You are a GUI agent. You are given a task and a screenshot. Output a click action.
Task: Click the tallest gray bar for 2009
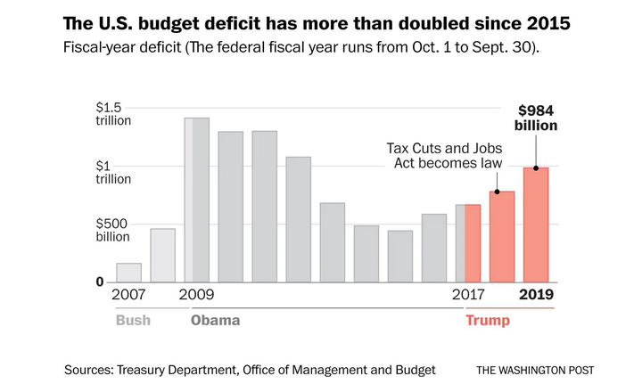click(x=197, y=200)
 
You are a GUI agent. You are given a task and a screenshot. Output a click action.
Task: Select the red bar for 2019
click(x=536, y=225)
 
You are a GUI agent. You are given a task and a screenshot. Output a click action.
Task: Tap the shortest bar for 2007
click(x=129, y=273)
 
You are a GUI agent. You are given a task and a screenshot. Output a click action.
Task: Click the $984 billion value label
click(x=536, y=118)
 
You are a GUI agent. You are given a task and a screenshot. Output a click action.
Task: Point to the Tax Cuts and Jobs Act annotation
click(x=444, y=156)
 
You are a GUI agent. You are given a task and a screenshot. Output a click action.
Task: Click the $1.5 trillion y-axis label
click(x=114, y=113)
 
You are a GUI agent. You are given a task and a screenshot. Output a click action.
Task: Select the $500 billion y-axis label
click(x=114, y=230)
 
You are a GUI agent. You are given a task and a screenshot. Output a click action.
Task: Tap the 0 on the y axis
click(x=100, y=282)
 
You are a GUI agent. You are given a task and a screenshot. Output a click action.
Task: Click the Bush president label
click(x=133, y=320)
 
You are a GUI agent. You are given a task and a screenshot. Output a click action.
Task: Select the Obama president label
click(x=215, y=320)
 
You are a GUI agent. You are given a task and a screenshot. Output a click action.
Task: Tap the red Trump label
click(x=487, y=320)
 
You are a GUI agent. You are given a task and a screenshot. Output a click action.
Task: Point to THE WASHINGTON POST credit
click(x=535, y=370)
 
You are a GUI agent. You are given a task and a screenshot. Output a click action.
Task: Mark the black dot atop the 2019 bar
click(x=536, y=167)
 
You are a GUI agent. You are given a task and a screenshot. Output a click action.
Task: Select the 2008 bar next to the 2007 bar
click(x=163, y=256)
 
